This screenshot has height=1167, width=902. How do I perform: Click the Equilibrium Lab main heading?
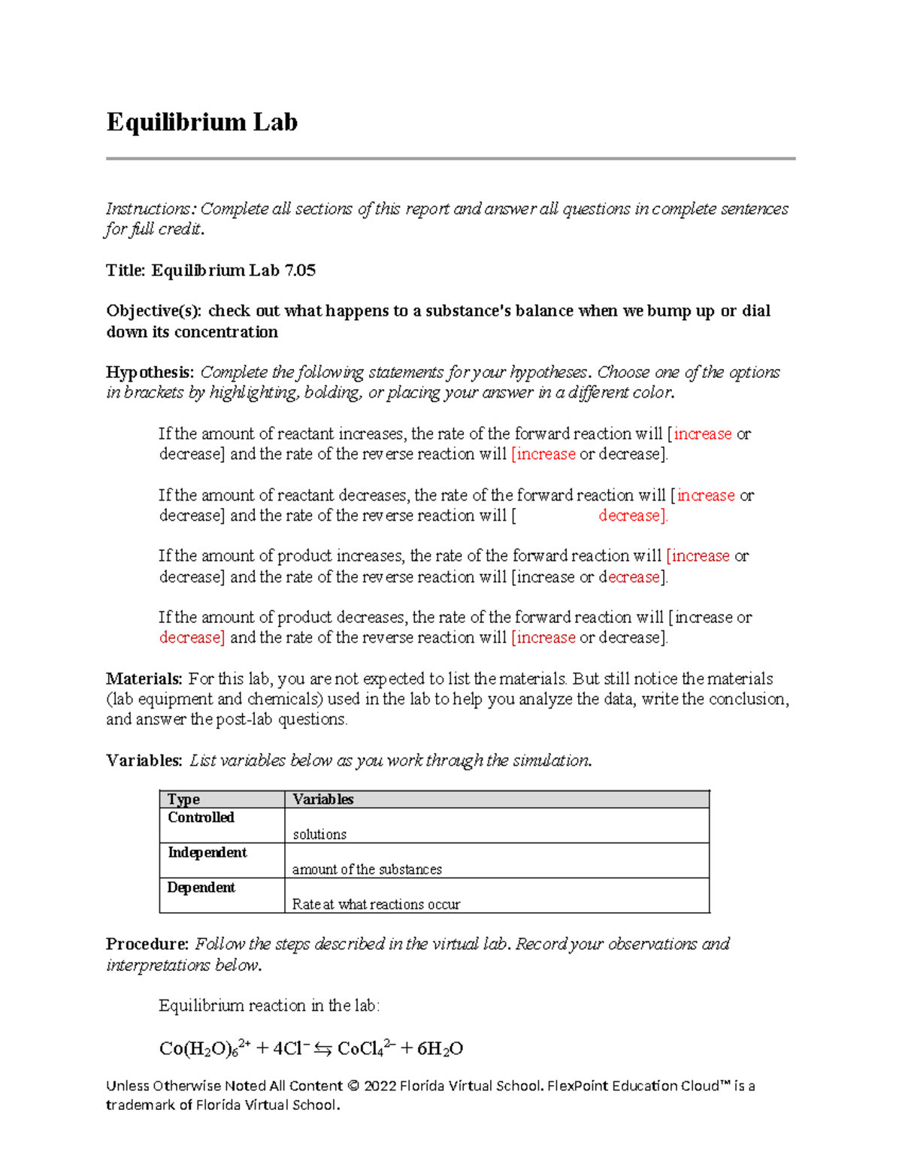(x=201, y=122)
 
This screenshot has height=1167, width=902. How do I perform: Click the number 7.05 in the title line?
(x=300, y=271)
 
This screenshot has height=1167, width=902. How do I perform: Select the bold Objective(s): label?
(x=153, y=311)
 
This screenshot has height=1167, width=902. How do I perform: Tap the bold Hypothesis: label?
(x=150, y=373)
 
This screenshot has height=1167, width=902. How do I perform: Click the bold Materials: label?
(x=144, y=679)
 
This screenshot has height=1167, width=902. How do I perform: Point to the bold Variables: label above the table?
(x=144, y=760)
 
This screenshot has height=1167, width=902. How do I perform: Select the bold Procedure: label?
(x=147, y=944)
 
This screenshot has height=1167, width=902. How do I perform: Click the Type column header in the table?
(x=183, y=800)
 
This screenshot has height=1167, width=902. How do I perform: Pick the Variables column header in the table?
(x=322, y=800)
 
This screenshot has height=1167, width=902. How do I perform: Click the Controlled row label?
(x=201, y=818)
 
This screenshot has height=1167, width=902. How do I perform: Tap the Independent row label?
(x=207, y=852)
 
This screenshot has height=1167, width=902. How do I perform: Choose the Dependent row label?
(x=201, y=887)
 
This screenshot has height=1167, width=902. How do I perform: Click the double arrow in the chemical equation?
(x=323, y=1049)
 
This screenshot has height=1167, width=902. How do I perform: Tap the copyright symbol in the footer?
(x=353, y=1086)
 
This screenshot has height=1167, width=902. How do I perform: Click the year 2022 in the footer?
(x=380, y=1086)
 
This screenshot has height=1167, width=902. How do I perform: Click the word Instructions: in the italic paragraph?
(x=150, y=209)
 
